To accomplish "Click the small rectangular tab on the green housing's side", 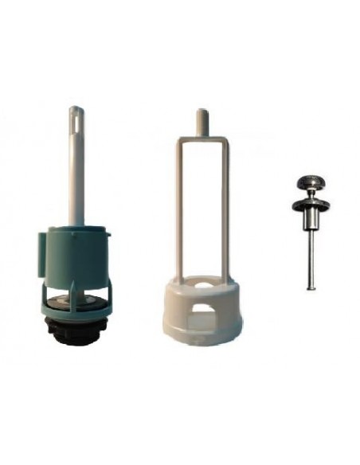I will (41, 242).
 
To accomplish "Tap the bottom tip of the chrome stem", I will (310, 287).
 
